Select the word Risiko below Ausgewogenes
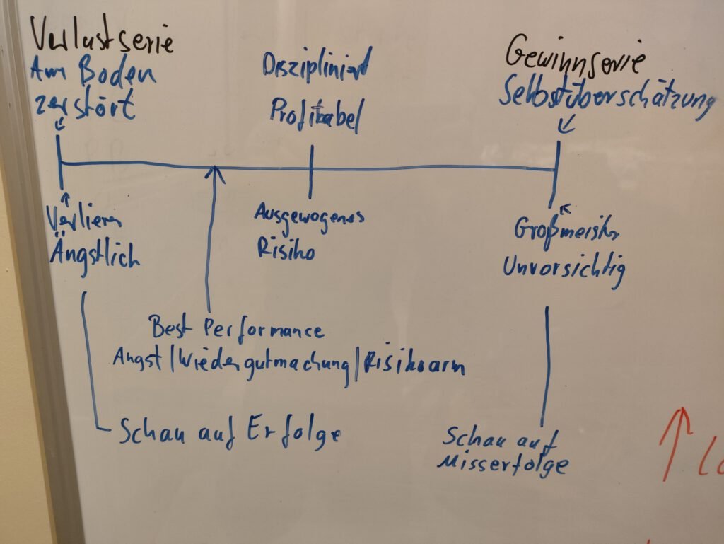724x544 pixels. click(286, 248)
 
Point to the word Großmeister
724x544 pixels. click(568, 232)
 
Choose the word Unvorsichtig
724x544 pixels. click(564, 268)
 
